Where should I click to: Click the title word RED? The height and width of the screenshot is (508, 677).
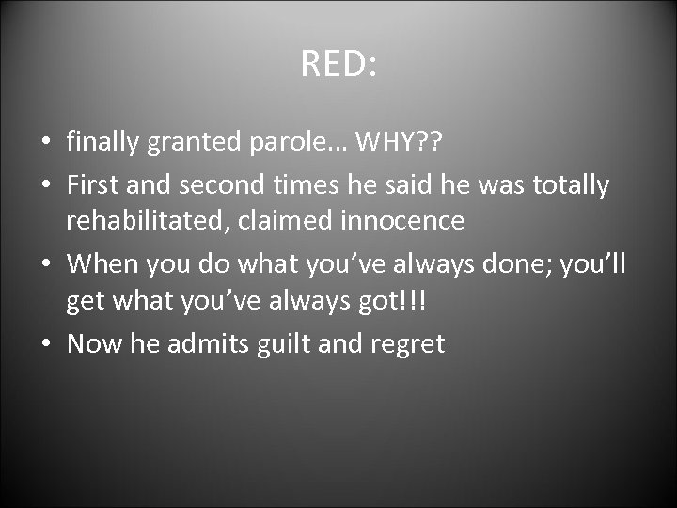pyautogui.click(x=338, y=64)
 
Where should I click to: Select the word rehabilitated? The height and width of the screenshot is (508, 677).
pyautogui.click(x=150, y=222)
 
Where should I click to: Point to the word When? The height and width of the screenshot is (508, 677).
pyautogui.click(x=101, y=263)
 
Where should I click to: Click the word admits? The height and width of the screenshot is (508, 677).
pyautogui.click(x=208, y=344)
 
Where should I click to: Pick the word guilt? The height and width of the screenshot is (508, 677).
pyautogui.click(x=285, y=344)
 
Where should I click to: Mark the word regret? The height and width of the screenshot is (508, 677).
pyautogui.click(x=406, y=344)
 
